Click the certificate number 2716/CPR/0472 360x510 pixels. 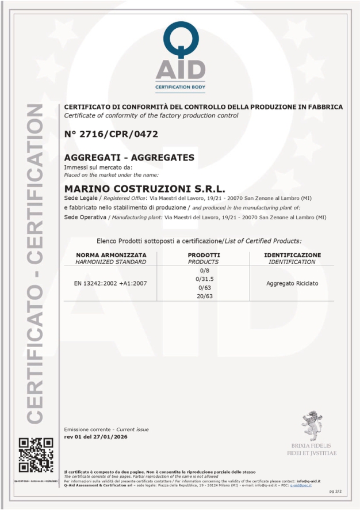pyautogui.click(x=111, y=134)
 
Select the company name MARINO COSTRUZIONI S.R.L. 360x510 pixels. pyautogui.click(x=144, y=188)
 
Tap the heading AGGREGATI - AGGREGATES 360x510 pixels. pyautogui.click(x=129, y=157)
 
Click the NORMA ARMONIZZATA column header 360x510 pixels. pyautogui.click(x=111, y=255)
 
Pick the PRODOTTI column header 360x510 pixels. pyautogui.click(x=204, y=255)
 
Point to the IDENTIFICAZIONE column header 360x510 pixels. pyautogui.click(x=292, y=255)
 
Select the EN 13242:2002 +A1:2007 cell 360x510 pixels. pyautogui.click(x=111, y=283)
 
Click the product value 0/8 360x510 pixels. pyautogui.click(x=204, y=271)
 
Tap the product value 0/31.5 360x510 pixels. pyautogui.click(x=204, y=279)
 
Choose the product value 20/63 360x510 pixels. pyautogui.click(x=204, y=296)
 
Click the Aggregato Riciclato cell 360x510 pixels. pyautogui.click(x=292, y=283)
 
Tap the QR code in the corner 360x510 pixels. pyautogui.click(x=36, y=455)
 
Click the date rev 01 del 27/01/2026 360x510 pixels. pyautogui.click(x=95, y=437)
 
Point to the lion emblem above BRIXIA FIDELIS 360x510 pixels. pyautogui.click(x=312, y=427)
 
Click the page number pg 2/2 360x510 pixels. pyautogui.click(x=335, y=492)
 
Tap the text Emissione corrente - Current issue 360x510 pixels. pyautogui.click(x=106, y=429)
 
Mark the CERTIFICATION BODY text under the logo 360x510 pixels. pyautogui.click(x=180, y=87)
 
